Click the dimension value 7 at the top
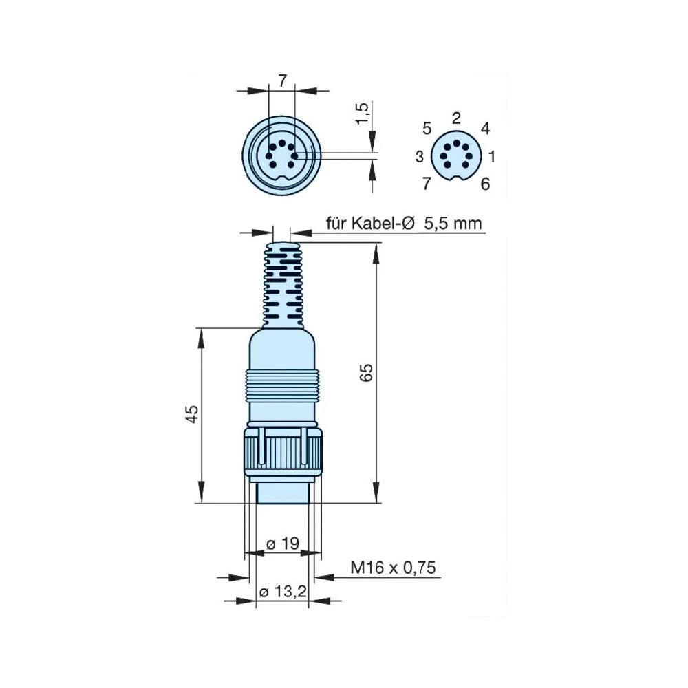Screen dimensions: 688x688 tap(282, 80)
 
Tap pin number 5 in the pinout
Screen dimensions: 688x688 tap(427, 129)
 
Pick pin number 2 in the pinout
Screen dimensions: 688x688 tap(456, 117)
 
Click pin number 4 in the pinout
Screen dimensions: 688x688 tap(485, 129)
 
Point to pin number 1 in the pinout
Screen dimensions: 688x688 tap(492, 157)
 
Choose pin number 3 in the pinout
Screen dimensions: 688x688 tap(420, 157)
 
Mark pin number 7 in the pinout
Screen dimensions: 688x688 tap(427, 184)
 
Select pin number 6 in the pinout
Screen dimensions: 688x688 tap(485, 184)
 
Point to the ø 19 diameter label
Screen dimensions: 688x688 tap(282, 544)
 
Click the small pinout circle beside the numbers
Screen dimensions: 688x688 tap(456, 157)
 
